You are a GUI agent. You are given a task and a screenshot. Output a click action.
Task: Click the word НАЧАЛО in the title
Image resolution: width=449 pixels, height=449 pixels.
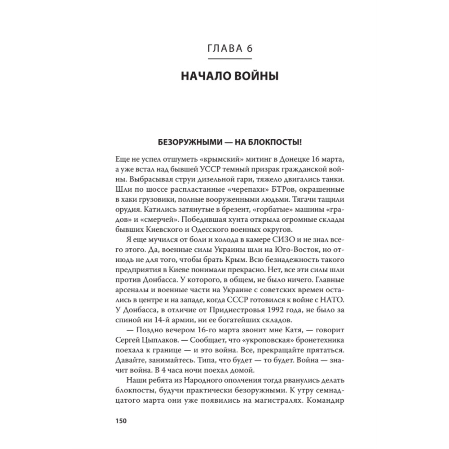205,77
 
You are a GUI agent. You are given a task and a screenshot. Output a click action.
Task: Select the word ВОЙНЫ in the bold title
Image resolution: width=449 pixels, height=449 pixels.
255,77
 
